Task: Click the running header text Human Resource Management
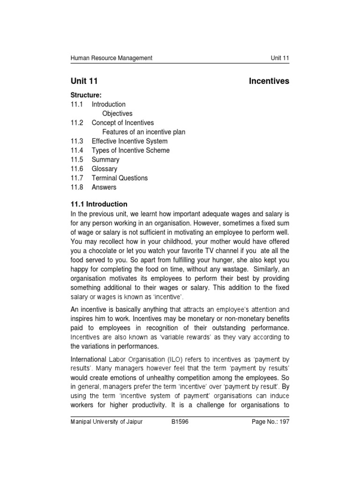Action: (x=111, y=58)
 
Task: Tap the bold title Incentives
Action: (x=269, y=81)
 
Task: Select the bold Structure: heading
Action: (x=86, y=95)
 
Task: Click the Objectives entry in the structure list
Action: (x=117, y=113)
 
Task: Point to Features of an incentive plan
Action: (x=143, y=132)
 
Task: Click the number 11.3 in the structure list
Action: (x=76, y=141)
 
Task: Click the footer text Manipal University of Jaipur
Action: (x=106, y=422)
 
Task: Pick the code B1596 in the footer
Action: (x=181, y=422)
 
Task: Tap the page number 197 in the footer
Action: (x=284, y=422)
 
